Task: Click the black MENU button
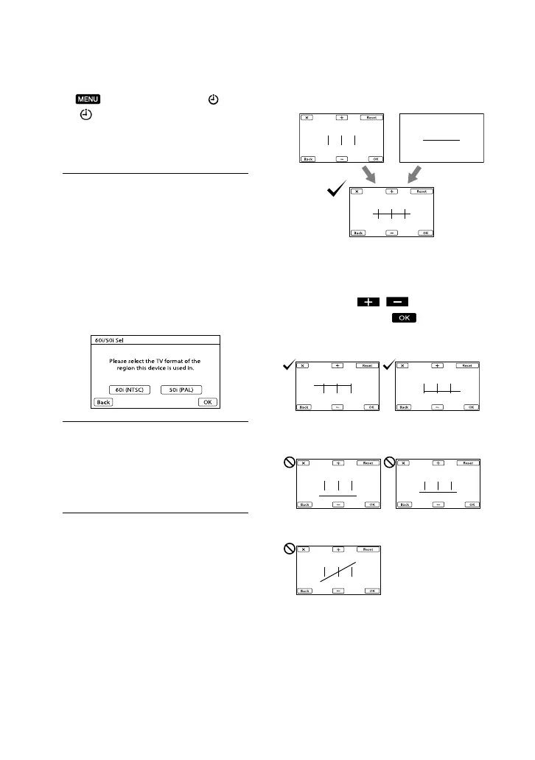click(x=87, y=100)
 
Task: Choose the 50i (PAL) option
click(x=181, y=390)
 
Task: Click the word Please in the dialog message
click(x=120, y=361)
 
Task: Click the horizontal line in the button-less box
click(x=441, y=139)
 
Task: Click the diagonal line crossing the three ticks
click(x=338, y=574)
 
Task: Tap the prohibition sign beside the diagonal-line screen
click(x=290, y=549)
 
